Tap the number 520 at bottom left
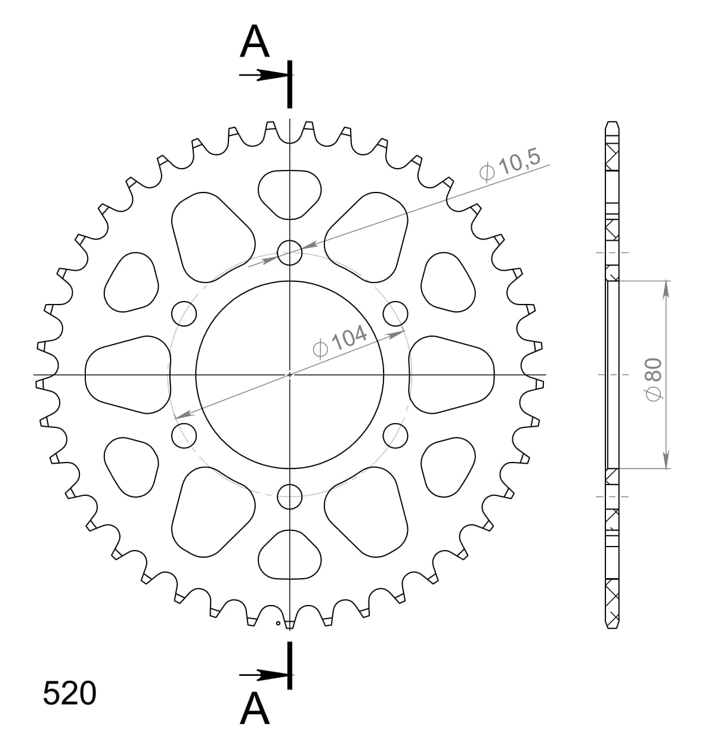tap(69, 694)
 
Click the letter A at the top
tap(255, 43)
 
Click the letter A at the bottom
tap(255, 710)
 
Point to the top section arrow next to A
tap(262, 75)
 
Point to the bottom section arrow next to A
tap(262, 675)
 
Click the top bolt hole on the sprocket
tap(290, 252)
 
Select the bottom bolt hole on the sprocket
tap(290, 496)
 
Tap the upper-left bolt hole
tap(184, 313)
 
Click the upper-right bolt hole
tap(395, 313)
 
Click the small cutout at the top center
tap(290, 193)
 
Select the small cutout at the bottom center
tap(290, 556)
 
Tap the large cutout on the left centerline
tap(128, 374)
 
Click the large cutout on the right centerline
tap(452, 374)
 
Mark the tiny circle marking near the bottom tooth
tap(278, 623)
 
